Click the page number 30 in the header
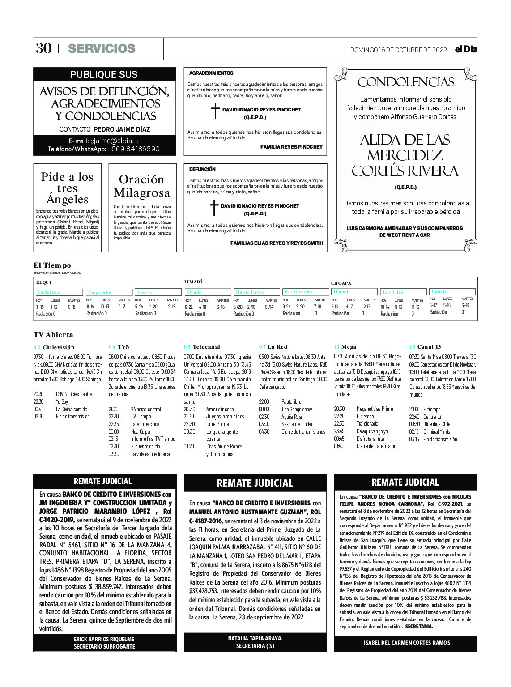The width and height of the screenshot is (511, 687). pos(43,48)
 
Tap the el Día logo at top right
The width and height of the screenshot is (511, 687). pos(466,49)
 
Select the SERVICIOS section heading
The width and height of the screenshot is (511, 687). pos(102,48)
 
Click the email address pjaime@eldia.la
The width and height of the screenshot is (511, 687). pos(114,141)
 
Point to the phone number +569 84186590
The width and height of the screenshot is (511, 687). pos(133,149)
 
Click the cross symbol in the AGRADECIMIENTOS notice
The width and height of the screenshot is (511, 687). pos(215,111)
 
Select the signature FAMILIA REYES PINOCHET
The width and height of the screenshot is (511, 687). pos(291,147)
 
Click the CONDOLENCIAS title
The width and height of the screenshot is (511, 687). pos(405,82)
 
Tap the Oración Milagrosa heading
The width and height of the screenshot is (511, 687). pos(142,186)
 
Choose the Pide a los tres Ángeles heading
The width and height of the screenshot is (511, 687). pos(67,188)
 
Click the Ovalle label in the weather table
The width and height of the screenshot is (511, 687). pos(195,292)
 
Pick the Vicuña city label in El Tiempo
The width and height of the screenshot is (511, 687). pos(145,293)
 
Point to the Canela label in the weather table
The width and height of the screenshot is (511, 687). pos(439,291)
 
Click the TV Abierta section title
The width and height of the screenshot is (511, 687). pos(53,335)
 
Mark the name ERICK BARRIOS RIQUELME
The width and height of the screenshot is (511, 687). pos(104,639)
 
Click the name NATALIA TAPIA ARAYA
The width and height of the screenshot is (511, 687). pos(255,638)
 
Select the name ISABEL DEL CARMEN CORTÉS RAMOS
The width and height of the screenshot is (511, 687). pos(407,643)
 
